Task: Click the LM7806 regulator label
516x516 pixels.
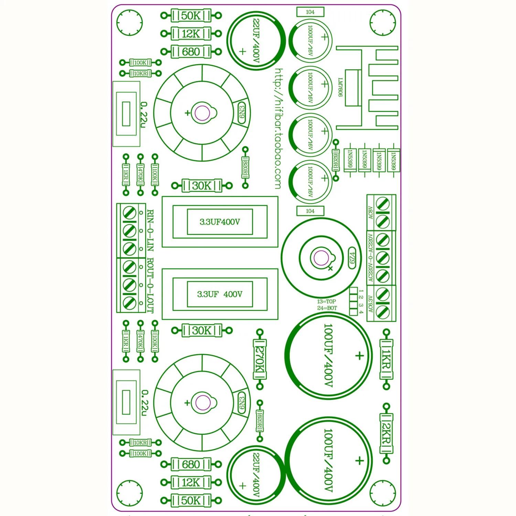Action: click(340, 87)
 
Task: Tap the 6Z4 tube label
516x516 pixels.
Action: click(352, 258)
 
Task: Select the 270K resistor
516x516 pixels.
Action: click(260, 359)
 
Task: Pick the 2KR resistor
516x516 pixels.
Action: click(386, 433)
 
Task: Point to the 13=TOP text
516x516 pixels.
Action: click(326, 302)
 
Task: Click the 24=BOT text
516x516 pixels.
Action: click(327, 308)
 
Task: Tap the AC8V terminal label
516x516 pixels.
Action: click(370, 213)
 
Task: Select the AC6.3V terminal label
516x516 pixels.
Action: click(370, 304)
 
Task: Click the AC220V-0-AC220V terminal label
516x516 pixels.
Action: click(370, 258)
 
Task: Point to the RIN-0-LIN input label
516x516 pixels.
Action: click(150, 230)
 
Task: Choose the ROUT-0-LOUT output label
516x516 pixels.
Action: click(150, 286)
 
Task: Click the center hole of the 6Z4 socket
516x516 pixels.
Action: click(321, 258)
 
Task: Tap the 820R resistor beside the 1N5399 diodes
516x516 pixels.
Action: click(336, 160)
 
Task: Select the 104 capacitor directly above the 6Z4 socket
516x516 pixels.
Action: click(310, 211)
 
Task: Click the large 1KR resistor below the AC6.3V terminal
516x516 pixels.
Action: click(386, 359)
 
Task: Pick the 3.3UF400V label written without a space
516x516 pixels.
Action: click(220, 222)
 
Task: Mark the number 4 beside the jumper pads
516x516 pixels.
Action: click(361, 312)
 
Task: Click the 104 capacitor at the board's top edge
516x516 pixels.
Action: click(310, 12)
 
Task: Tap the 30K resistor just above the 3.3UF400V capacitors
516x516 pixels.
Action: click(202, 186)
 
